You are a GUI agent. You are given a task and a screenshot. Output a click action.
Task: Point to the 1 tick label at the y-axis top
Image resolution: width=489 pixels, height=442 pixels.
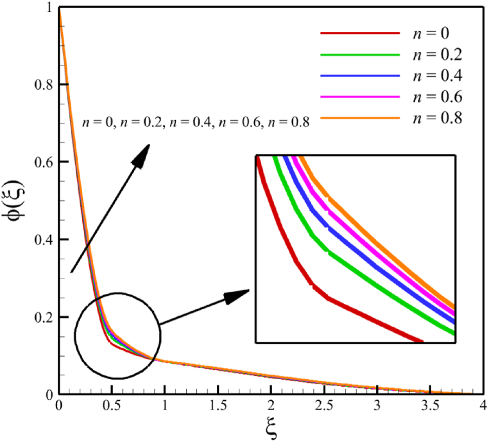pos(50,7)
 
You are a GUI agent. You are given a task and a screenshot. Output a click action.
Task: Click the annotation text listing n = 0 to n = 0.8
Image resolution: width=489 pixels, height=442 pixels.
pos(196,123)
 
